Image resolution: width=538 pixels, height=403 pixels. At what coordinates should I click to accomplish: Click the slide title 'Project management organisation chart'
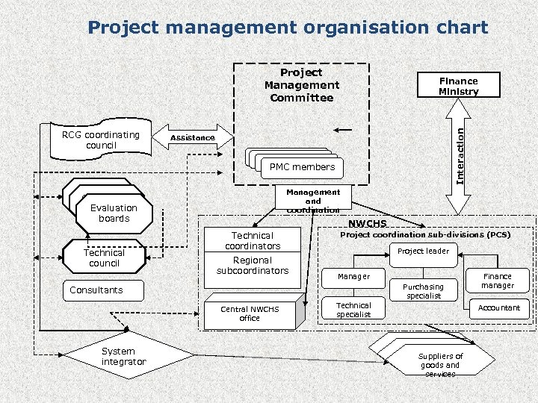click(288, 28)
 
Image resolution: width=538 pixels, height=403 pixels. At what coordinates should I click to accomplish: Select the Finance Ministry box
click(458, 86)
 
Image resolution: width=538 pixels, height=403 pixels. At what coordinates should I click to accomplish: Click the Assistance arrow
click(193, 137)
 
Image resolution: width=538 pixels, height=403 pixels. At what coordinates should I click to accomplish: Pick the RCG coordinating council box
click(101, 140)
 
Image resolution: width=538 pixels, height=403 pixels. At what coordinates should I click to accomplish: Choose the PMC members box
click(302, 167)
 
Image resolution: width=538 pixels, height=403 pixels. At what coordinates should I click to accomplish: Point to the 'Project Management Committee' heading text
click(302, 85)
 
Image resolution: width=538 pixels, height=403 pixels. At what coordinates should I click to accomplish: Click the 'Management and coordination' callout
click(312, 200)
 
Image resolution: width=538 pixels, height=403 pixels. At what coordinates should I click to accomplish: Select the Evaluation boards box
click(114, 213)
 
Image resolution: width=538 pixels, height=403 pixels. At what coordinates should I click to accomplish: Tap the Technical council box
click(104, 258)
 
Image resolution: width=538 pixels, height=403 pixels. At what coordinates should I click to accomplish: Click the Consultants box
click(96, 290)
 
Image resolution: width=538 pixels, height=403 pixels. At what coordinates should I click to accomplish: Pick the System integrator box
click(124, 357)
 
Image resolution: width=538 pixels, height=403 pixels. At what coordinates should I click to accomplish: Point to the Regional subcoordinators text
click(253, 266)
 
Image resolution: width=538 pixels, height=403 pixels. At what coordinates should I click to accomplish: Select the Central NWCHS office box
click(250, 313)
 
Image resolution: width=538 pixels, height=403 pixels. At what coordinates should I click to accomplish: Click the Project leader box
click(423, 252)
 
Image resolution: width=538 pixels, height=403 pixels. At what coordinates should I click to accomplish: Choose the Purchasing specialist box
click(423, 290)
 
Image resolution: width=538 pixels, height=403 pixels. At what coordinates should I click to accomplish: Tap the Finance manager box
click(498, 281)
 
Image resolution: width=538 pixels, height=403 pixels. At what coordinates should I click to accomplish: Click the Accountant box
click(500, 307)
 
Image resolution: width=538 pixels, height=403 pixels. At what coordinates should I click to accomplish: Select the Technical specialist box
click(353, 310)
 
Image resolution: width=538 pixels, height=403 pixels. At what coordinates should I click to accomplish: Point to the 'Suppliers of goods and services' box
click(441, 365)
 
